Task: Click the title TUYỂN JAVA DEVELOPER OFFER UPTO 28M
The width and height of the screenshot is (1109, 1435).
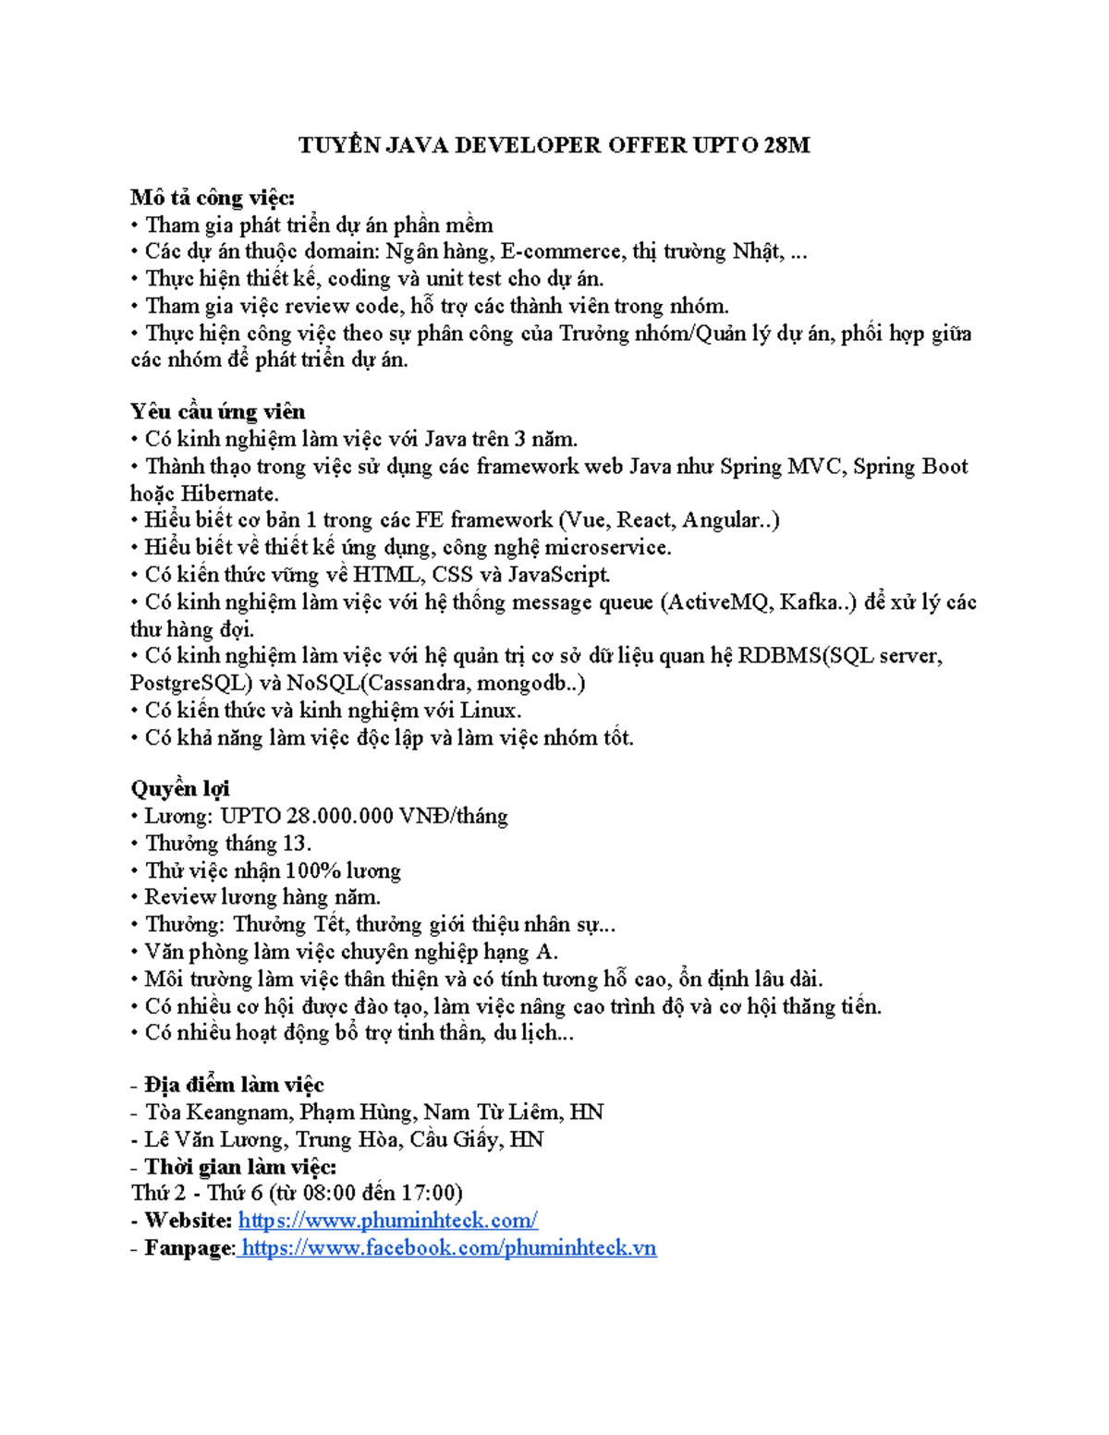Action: [x=554, y=145]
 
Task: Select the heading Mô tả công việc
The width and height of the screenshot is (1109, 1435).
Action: [x=213, y=198]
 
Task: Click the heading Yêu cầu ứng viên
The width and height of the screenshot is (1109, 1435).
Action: [x=217, y=412]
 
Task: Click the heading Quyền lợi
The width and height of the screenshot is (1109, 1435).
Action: [x=180, y=789]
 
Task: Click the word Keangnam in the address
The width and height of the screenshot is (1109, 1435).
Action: [x=240, y=1113]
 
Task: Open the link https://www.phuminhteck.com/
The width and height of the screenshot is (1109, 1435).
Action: [x=388, y=1221]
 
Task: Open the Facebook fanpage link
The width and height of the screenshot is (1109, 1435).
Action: [x=448, y=1248]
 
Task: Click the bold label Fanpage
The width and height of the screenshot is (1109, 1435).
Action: [x=189, y=1248]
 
